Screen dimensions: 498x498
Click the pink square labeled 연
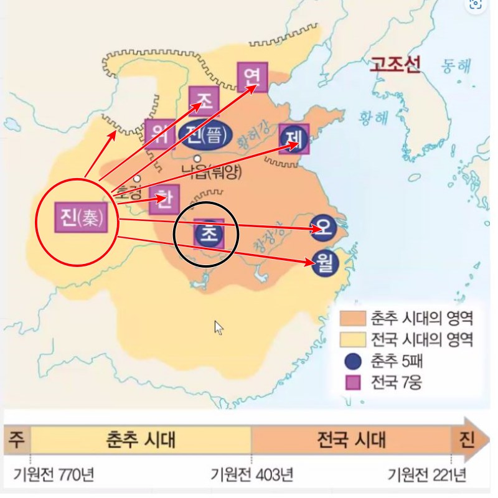(x=252, y=77)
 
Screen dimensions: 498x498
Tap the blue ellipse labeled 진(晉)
(x=205, y=134)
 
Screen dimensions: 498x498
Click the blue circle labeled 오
(x=323, y=229)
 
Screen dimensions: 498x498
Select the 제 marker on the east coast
(x=294, y=139)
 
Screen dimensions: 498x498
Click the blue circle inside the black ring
(x=208, y=233)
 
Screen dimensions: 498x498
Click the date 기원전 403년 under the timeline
(x=251, y=476)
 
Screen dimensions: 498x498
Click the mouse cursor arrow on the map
(x=218, y=327)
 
